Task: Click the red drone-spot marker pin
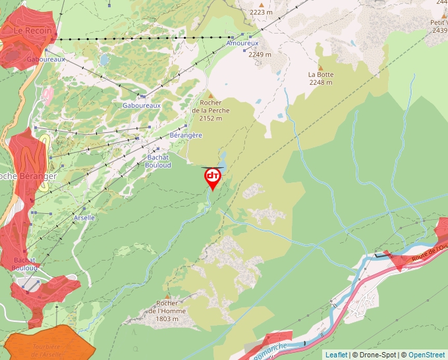(x=213, y=178)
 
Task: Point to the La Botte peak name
(x=321, y=74)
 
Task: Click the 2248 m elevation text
(x=321, y=82)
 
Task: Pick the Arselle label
(x=84, y=217)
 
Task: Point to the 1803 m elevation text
(x=167, y=319)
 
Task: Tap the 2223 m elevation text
(x=261, y=12)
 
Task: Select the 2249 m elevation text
(x=260, y=55)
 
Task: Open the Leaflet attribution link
(x=336, y=355)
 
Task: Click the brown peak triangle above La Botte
(x=321, y=67)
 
